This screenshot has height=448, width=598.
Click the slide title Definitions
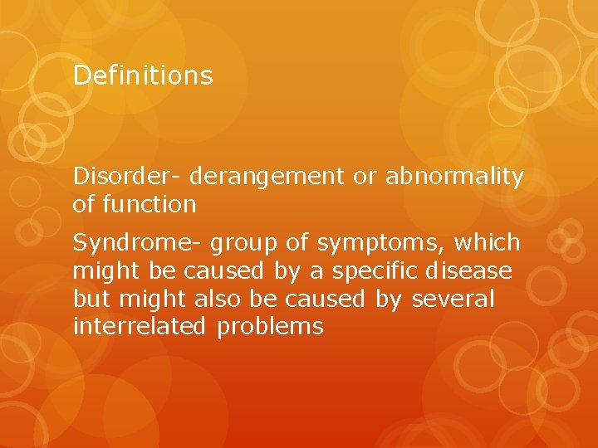[143, 75]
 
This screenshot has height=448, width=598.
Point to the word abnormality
[454, 176]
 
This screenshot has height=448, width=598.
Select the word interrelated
[139, 326]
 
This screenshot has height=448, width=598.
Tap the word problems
[270, 327]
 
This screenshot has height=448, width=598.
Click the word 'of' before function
[85, 203]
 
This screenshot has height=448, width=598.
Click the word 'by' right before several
[388, 299]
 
